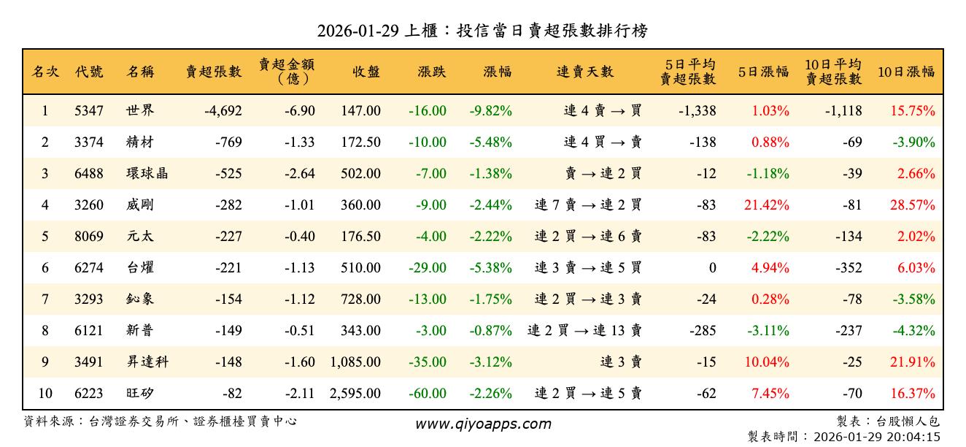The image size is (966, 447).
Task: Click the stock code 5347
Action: click(x=89, y=111)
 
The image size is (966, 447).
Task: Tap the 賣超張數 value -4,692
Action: click(x=213, y=111)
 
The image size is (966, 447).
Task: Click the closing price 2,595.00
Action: click(x=355, y=394)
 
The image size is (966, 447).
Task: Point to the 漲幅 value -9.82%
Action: click(x=490, y=111)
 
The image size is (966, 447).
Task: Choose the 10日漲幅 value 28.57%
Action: click(x=912, y=205)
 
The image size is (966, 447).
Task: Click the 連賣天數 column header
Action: click(x=585, y=72)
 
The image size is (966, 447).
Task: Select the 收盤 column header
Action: click(x=366, y=72)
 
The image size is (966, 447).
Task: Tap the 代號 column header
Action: click(x=89, y=72)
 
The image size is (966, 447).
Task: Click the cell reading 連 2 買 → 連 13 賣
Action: click(x=584, y=331)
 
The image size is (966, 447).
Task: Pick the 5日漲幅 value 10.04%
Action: click(x=766, y=362)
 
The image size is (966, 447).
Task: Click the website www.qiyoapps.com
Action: click(x=483, y=424)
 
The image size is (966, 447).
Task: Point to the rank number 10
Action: click(x=45, y=394)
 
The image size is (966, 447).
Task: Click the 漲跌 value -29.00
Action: click(x=428, y=268)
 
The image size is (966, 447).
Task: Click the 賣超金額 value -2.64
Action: click(x=299, y=174)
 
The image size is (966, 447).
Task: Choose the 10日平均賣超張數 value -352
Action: click(x=846, y=268)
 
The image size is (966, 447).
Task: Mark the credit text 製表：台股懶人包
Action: click(x=889, y=421)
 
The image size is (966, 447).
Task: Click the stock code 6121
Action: click(x=89, y=331)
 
